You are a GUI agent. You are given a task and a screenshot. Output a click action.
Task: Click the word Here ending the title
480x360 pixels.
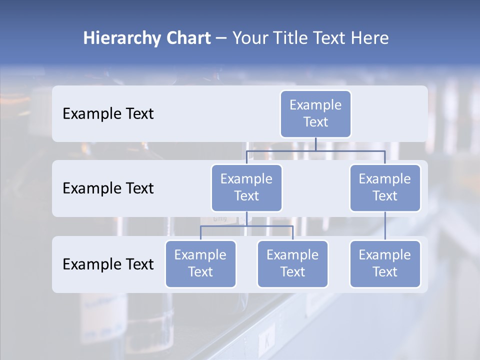pyautogui.click(x=369, y=38)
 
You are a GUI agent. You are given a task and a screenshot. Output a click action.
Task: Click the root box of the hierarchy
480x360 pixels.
pyautogui.click(x=315, y=113)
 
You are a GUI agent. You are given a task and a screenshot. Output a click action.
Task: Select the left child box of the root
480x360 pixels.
pyautogui.click(x=246, y=187)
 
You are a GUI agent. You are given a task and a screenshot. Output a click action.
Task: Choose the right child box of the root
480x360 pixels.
pyautogui.click(x=385, y=187)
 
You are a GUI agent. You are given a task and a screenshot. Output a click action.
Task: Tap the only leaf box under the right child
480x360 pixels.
pyautogui.click(x=385, y=263)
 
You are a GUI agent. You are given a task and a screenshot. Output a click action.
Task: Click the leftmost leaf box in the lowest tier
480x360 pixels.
pyautogui.click(x=200, y=263)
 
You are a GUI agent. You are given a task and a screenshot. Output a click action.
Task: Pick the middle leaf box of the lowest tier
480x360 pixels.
pyautogui.click(x=292, y=263)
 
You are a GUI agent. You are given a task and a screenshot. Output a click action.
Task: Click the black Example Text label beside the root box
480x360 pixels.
pyautogui.click(x=108, y=113)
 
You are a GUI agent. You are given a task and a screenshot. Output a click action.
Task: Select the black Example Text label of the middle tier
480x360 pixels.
pyautogui.click(x=108, y=188)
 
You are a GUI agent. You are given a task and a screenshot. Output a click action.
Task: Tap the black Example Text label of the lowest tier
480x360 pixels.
pyautogui.click(x=108, y=264)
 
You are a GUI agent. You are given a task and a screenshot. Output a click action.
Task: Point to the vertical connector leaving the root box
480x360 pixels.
pyautogui.click(x=315, y=144)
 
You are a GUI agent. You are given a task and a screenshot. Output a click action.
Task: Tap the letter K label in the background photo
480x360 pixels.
pyautogui.click(x=267, y=343)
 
